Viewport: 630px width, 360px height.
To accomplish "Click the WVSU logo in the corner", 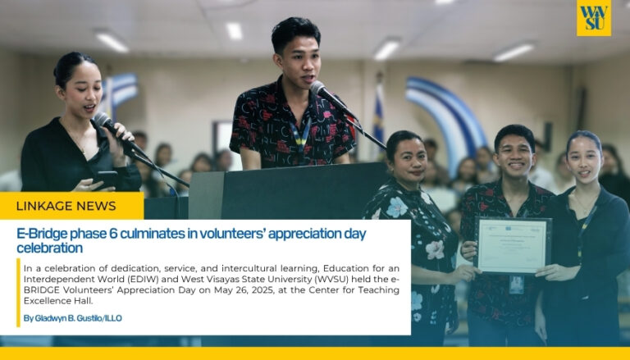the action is [593, 18].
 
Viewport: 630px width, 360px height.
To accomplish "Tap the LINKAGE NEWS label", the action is [66, 206].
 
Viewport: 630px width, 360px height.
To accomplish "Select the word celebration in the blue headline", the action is [49, 248].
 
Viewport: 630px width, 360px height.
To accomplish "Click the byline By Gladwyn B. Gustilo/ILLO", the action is [73, 318].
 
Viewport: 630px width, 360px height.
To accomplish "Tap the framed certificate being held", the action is [513, 245].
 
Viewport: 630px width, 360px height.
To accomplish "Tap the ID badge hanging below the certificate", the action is [516, 285].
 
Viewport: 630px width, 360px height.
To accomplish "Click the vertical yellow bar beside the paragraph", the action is [18, 293].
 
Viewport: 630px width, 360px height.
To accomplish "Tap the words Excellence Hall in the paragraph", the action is [58, 301].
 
